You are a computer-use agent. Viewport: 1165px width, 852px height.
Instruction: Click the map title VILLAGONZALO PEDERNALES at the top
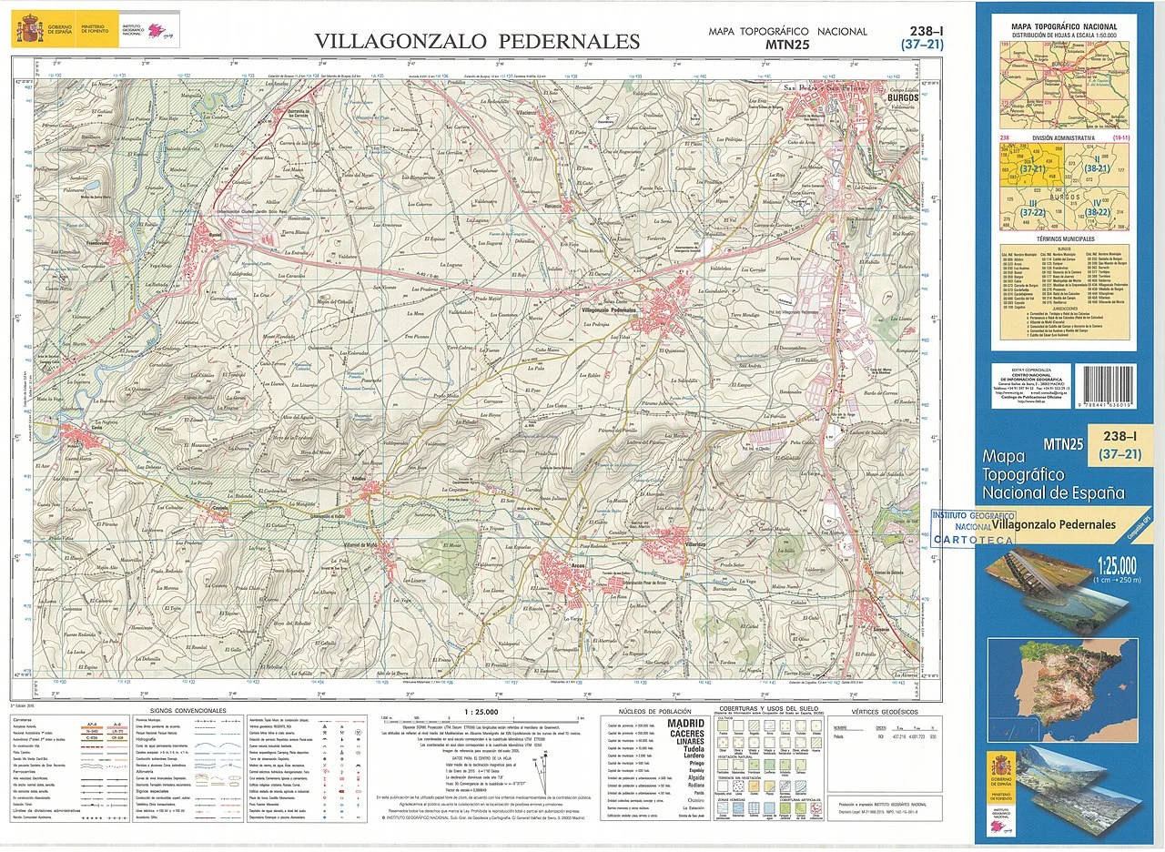477,41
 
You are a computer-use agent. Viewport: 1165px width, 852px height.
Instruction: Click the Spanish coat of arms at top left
28,30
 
